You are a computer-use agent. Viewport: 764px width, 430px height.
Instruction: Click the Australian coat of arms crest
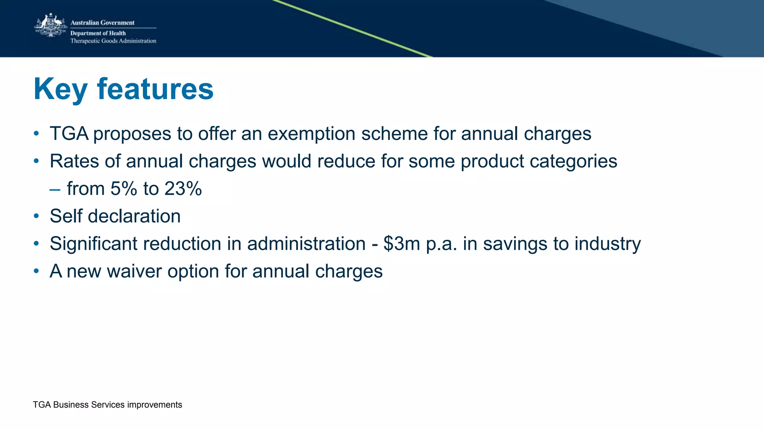[50, 25]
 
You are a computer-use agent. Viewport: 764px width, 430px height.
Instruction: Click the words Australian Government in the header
[102, 23]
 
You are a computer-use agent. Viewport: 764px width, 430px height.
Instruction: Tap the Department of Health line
[98, 33]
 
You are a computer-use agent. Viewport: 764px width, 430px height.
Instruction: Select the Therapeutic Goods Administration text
[113, 41]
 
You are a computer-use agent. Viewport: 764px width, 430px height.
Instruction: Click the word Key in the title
[60, 90]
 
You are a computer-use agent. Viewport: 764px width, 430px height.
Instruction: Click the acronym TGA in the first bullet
[69, 134]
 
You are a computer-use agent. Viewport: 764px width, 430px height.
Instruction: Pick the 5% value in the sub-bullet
[123, 189]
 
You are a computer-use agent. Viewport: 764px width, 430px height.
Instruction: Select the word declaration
[134, 216]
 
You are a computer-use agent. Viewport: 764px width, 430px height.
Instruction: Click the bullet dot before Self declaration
[36, 216]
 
